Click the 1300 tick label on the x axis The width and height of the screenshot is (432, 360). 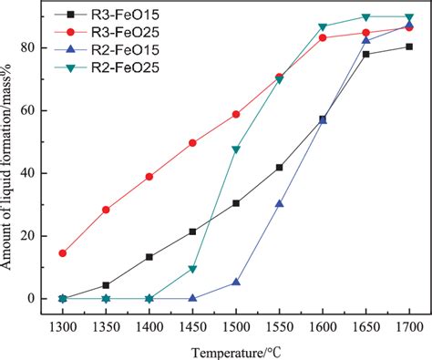(62, 325)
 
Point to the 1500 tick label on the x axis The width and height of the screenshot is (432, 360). (236, 325)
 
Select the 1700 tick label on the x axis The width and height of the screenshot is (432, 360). (409, 325)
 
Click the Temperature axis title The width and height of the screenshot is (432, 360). (235, 350)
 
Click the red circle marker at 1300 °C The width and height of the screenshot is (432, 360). (62, 253)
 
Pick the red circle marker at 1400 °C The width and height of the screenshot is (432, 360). (149, 177)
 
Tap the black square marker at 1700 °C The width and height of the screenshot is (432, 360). (409, 46)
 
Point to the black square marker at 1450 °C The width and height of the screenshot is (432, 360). (192, 231)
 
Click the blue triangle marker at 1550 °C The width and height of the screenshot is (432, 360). (279, 204)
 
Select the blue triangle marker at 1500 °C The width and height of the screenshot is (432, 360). (236, 283)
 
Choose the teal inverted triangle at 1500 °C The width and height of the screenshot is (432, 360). (236, 149)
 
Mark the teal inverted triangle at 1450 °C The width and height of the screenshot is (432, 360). (192, 269)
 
